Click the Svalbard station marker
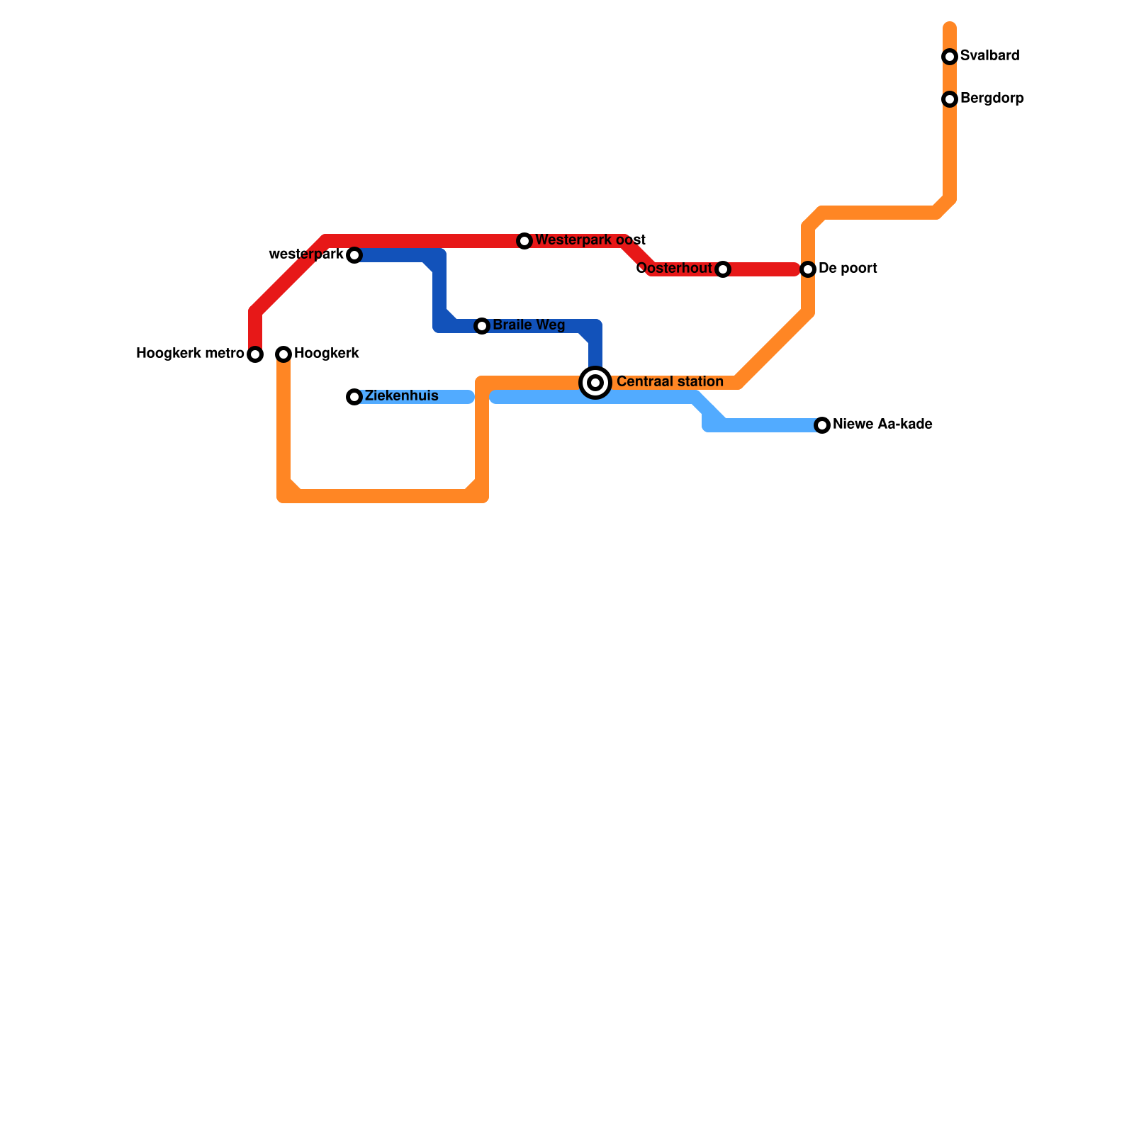click(950, 57)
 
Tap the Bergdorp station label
click(992, 99)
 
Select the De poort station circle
click(808, 269)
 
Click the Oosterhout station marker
click(723, 269)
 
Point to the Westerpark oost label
click(590, 240)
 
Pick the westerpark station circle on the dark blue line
click(354, 255)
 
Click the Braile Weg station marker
click(482, 326)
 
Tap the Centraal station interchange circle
click(595, 383)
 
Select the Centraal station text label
click(670, 382)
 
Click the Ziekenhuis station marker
click(354, 397)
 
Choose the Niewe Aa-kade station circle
click(822, 425)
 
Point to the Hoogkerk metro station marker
click(255, 354)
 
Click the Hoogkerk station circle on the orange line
click(283, 354)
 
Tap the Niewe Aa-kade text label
click(882, 425)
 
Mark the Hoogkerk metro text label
click(190, 354)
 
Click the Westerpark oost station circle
click(524, 241)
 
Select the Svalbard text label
click(989, 56)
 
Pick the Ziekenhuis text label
click(401, 396)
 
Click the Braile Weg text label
click(529, 325)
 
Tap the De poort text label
click(848, 269)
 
